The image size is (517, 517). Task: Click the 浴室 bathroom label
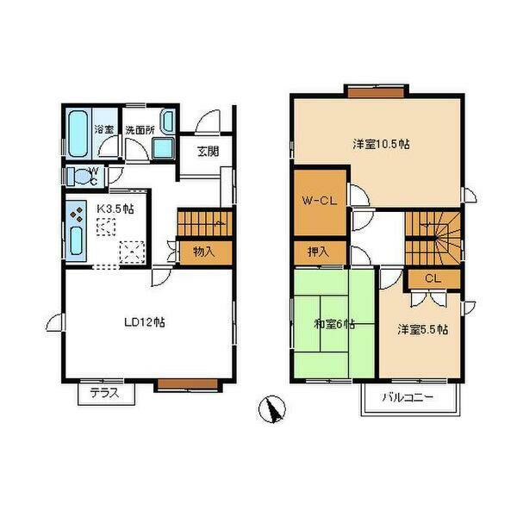(104, 129)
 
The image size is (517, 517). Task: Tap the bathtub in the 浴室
(78, 134)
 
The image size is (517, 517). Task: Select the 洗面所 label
(140, 130)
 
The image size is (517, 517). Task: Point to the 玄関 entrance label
(208, 152)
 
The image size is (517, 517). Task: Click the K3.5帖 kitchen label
(115, 209)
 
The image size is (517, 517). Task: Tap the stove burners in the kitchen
(77, 215)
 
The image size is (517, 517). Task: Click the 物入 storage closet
(204, 252)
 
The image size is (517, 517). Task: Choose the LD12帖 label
(145, 322)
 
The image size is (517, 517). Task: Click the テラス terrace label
(104, 393)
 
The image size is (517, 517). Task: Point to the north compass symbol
(272, 408)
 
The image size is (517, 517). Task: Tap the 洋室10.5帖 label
(382, 144)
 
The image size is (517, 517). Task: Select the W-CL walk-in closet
(320, 202)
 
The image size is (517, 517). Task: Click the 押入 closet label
(319, 252)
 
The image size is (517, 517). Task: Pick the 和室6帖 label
(334, 325)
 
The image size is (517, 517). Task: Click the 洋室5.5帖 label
(423, 329)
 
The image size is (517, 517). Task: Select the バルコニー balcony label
(408, 397)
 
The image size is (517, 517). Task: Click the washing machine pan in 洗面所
(164, 148)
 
